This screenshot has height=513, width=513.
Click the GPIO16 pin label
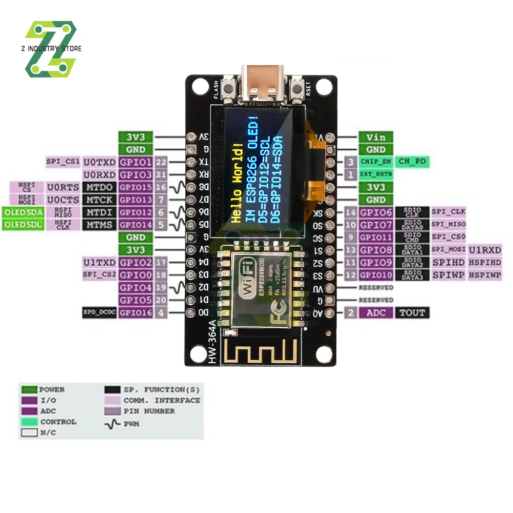pos(135,312)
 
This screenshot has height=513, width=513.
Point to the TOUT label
pos(412,312)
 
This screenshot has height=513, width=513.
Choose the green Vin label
pos(376,137)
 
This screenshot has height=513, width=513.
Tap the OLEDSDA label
pos(24,212)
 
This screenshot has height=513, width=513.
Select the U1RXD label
pos(485,250)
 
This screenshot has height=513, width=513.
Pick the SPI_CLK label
pos(448,212)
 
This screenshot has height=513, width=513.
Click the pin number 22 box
pos(161,162)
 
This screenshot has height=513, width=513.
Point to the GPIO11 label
pos(376,237)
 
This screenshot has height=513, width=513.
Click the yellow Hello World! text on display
pos(237,183)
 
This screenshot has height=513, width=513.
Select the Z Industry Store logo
pos(51,49)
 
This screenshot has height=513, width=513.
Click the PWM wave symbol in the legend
pos(113,424)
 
